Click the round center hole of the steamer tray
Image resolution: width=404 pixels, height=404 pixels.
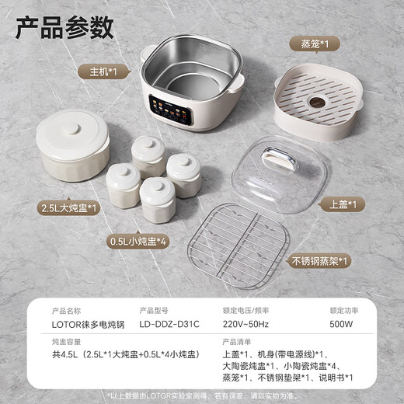coord(317,101)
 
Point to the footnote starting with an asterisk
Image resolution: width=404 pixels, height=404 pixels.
coord(202,395)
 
